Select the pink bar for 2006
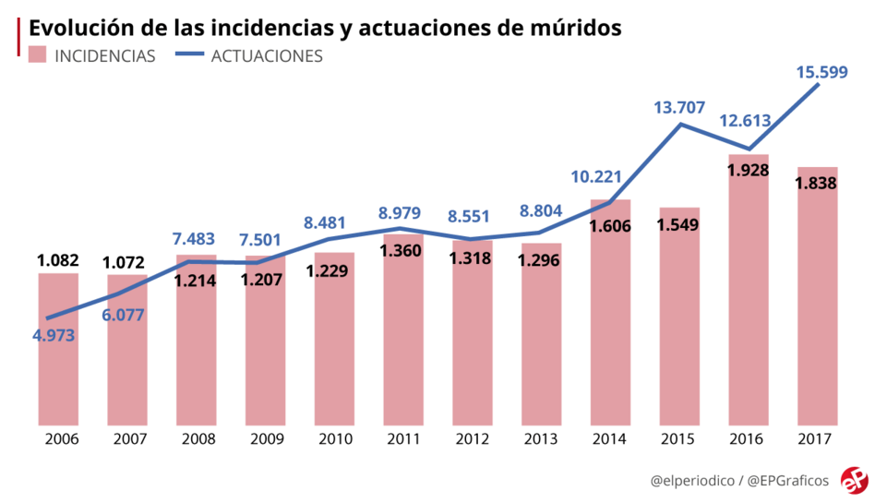pos(58,351)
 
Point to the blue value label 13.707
pos(678,107)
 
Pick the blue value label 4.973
pos(54,335)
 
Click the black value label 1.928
pos(748,170)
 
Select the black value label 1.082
pos(58,260)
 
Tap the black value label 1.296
pos(541,261)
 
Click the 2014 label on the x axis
pos(610,438)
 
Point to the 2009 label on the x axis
pos(265,438)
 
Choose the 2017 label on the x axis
pos(817,438)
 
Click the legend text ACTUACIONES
pos(267,55)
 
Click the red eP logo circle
pos(854,481)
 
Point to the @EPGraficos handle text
pos(787,481)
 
